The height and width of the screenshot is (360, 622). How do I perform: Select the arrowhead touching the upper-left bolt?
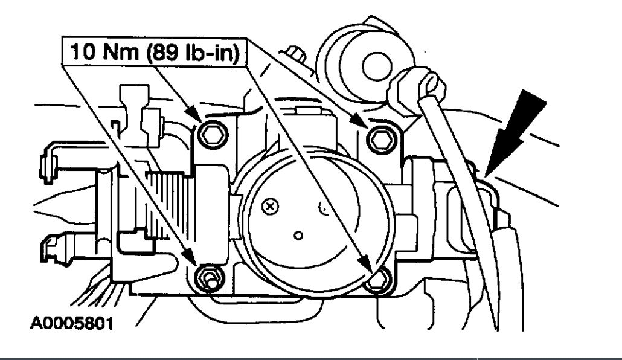coord(194,115)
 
